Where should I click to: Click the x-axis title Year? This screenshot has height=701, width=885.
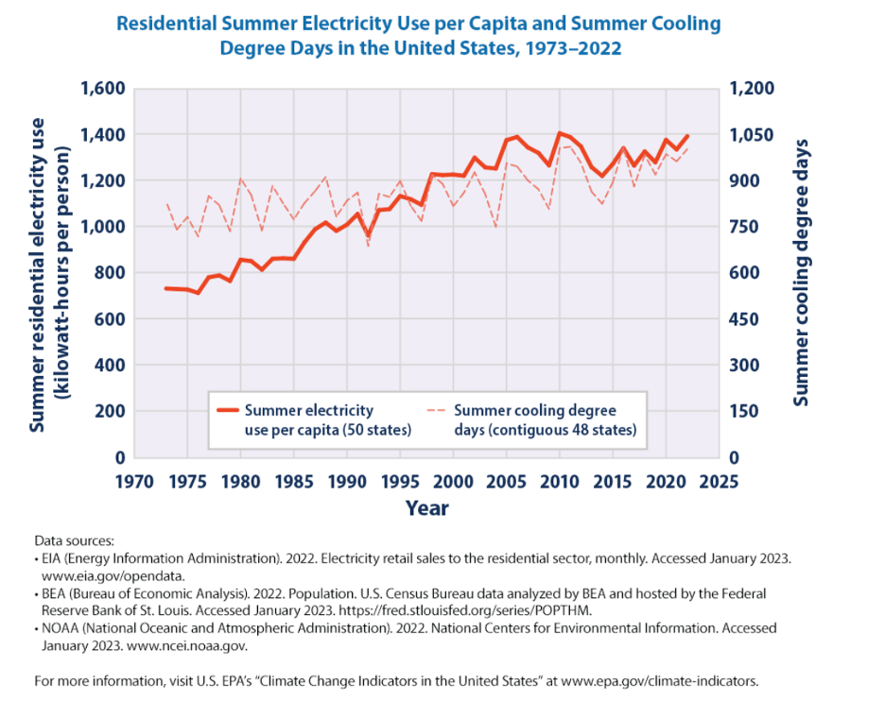click(426, 508)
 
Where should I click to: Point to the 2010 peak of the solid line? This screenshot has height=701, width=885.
click(560, 133)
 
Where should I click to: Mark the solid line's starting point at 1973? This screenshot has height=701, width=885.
click(165, 288)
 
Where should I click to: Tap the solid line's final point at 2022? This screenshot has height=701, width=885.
click(687, 136)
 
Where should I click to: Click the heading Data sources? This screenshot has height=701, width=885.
click(74, 541)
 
